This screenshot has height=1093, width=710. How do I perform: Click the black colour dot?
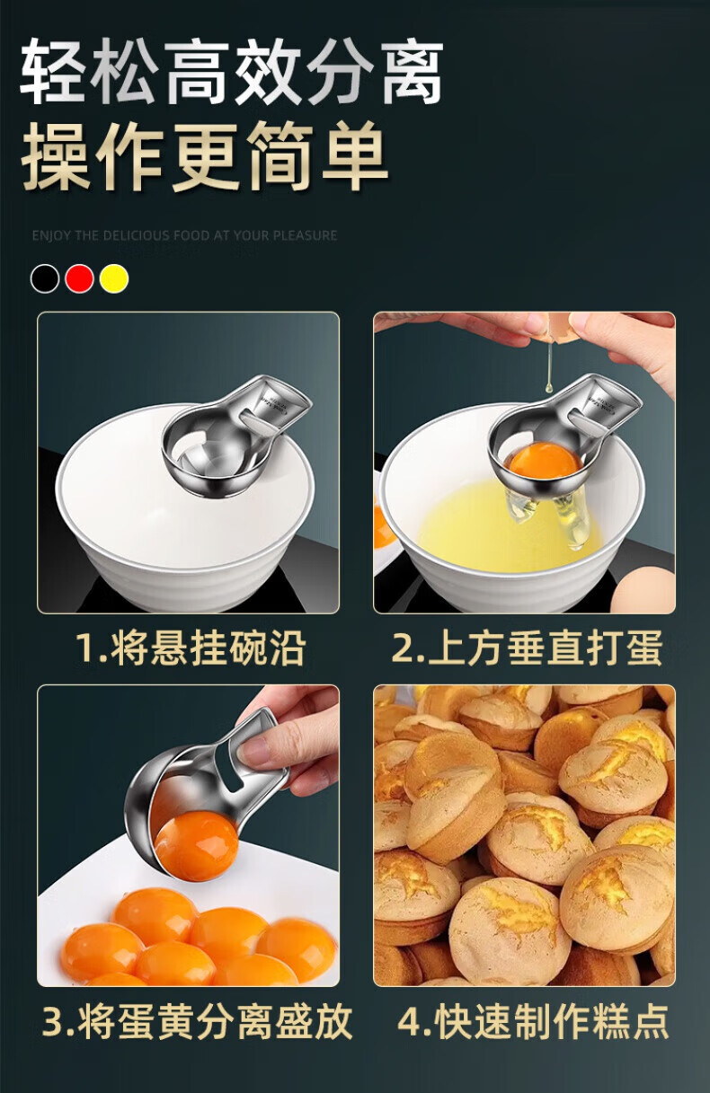pos(44,278)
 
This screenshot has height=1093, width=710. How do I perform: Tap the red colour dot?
pos(79,278)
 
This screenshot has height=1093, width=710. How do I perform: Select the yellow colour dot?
pos(114,278)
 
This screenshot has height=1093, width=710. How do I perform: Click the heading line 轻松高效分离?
pos(232,71)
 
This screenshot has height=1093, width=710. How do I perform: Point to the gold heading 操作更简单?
pos(204,156)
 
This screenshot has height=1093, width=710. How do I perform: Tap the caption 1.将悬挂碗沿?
pos(191,648)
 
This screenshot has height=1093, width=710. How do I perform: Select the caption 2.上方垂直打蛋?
pos(528,648)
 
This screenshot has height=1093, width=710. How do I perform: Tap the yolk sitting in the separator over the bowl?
pos(544,461)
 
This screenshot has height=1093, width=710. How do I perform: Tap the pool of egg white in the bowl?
pos(508,527)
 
